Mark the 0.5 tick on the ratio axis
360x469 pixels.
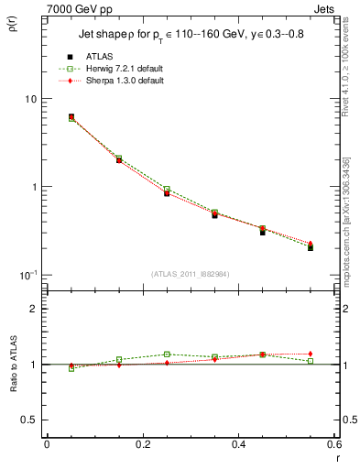pos(29,420)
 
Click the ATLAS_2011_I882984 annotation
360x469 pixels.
pos(190,274)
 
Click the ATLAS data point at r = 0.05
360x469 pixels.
pos(71,117)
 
